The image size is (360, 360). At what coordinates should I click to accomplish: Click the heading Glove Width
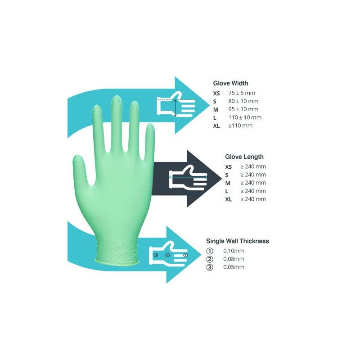point(230,83)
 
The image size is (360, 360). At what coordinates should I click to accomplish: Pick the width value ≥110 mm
point(240,126)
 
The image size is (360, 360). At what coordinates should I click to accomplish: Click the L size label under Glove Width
point(215,117)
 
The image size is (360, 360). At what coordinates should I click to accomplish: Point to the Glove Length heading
point(244,157)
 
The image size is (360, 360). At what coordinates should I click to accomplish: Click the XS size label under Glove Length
point(228,166)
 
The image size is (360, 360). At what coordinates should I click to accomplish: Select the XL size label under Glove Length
point(228,199)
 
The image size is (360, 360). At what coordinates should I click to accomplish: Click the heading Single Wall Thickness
point(238,241)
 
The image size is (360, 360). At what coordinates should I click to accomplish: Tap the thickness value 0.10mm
point(234,251)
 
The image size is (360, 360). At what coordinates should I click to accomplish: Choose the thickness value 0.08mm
point(234,259)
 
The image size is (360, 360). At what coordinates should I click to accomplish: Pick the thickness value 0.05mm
point(234,267)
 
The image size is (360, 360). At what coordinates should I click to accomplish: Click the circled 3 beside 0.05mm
point(209,267)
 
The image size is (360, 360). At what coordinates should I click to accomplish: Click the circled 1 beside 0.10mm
point(209,251)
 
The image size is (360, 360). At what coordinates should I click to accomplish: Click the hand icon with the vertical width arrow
point(175,106)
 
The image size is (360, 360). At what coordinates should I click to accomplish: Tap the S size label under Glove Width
point(215,101)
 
